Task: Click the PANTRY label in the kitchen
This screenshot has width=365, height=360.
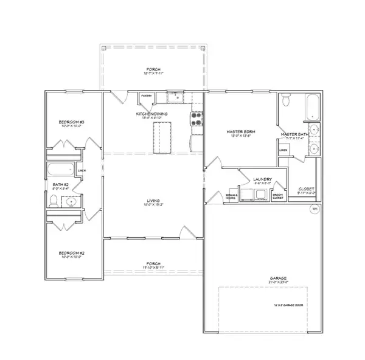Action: pyautogui.click(x=146, y=96)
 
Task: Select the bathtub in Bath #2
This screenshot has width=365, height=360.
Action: pyautogui.click(x=60, y=170)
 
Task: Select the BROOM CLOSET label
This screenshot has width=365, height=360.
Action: pyautogui.click(x=277, y=197)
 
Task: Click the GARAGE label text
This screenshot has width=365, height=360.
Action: pyautogui.click(x=279, y=279)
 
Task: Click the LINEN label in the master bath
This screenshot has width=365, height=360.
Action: pyautogui.click(x=283, y=149)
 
